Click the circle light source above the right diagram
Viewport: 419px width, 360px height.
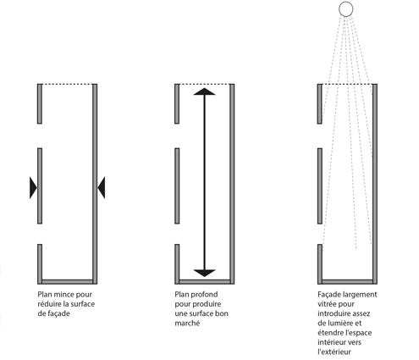pyautogui.click(x=345, y=8)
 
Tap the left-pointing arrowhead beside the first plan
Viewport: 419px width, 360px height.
pyautogui.click(x=102, y=188)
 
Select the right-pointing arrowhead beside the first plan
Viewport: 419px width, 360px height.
pyautogui.click(x=33, y=188)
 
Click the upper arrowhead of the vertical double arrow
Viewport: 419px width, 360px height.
pyautogui.click(x=204, y=91)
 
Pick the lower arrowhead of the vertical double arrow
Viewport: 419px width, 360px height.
pyautogui.click(x=204, y=273)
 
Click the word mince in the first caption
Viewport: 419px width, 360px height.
pyautogui.click(x=64, y=295)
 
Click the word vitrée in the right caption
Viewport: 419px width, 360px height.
pyautogui.click(x=327, y=304)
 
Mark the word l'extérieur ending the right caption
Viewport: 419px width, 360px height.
pyautogui.click(x=334, y=352)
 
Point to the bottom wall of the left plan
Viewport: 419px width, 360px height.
pyautogui.click(x=68, y=282)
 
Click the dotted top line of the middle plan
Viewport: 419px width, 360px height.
pyautogui.click(x=205, y=84)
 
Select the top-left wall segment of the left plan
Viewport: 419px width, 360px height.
pyautogui.click(x=40, y=103)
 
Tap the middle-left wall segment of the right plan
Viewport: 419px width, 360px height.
pyautogui.click(x=320, y=186)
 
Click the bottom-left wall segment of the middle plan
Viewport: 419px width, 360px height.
pyautogui.click(x=177, y=264)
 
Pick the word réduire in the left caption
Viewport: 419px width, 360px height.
pyautogui.click(x=48, y=304)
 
